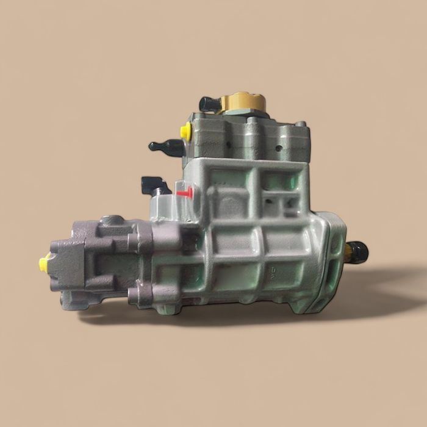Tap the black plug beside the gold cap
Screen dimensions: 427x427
pos(209,104)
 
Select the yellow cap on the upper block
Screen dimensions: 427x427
pos(185,130)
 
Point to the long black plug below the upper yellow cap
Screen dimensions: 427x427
pos(167,146)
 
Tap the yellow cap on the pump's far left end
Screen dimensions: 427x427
pos(44,264)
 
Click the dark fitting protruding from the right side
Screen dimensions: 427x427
pos(357,249)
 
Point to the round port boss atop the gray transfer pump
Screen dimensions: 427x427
pos(115,220)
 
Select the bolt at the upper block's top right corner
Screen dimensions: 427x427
pos(300,124)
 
